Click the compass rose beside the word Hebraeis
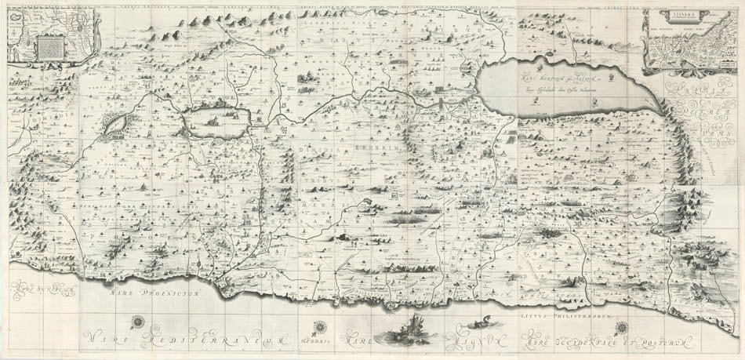(319, 329)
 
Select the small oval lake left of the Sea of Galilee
(116, 122)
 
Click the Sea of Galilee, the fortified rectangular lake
(216, 122)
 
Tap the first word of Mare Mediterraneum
(102, 338)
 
